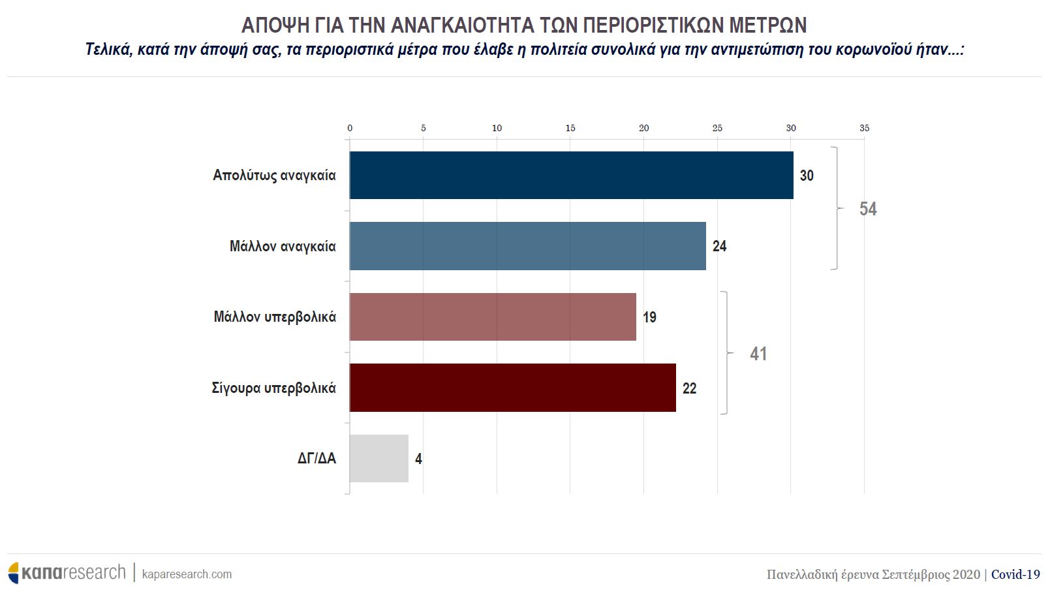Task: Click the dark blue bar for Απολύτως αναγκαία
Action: tap(571, 175)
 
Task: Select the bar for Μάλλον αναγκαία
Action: tap(527, 246)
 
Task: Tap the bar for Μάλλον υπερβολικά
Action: tap(493, 317)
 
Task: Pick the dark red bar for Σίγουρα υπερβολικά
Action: tap(512, 388)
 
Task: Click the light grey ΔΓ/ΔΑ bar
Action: tap(378, 458)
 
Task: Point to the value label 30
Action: tap(807, 176)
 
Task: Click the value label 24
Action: tap(719, 246)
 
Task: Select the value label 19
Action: tap(649, 317)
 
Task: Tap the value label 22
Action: tap(689, 388)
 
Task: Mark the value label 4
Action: tap(418, 459)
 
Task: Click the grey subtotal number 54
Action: tap(867, 209)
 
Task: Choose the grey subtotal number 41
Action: tap(758, 354)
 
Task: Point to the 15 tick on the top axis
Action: tap(570, 128)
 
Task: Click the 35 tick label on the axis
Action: tap(864, 128)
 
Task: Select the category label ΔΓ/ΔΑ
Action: tap(317, 458)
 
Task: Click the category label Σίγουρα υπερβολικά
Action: tap(273, 388)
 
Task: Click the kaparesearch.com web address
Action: tap(187, 574)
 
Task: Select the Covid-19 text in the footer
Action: tap(1015, 574)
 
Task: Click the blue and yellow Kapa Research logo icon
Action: tap(14, 572)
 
